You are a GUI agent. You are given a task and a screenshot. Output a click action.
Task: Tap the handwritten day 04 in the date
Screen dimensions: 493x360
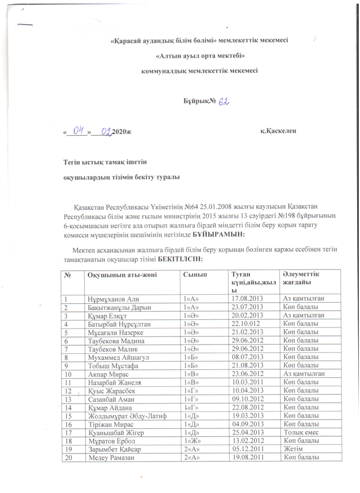[x=79, y=132]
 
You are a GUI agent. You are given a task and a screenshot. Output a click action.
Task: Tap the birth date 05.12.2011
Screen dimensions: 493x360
[x=247, y=449]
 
